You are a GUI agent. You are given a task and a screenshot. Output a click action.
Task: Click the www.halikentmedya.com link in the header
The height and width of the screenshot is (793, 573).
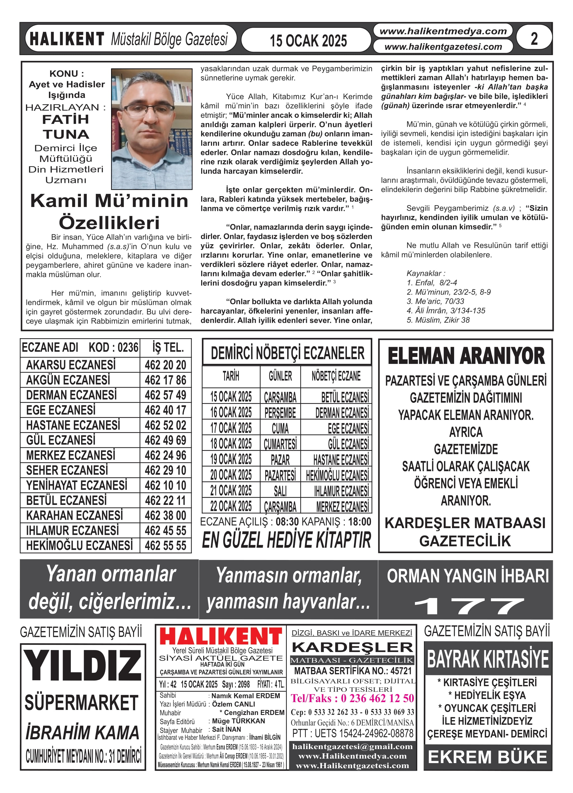point(443,31)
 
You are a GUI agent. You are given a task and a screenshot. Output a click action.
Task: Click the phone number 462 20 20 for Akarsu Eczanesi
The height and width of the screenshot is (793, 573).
point(165,365)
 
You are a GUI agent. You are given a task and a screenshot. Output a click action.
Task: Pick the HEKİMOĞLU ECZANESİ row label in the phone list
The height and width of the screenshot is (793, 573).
point(79,545)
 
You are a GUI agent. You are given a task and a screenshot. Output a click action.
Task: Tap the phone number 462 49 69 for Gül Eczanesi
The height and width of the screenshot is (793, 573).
point(165,440)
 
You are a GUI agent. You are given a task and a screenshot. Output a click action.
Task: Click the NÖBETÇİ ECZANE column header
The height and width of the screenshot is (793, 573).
point(336,376)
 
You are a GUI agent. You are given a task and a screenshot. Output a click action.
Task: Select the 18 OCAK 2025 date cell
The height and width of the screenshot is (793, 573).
point(231,444)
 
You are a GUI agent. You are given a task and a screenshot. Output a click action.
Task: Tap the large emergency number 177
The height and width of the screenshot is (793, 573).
point(469,606)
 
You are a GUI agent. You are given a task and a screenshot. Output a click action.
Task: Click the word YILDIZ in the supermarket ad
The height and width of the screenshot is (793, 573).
point(83,666)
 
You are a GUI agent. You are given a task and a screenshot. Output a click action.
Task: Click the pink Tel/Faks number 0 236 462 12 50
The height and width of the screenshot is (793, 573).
point(353,698)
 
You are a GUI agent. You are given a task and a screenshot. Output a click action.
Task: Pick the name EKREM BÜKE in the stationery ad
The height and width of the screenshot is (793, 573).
point(488,757)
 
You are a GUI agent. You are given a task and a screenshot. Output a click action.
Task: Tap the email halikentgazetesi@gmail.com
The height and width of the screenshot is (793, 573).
point(353,747)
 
